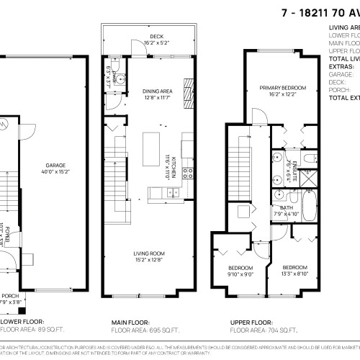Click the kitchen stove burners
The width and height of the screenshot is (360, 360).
[x=186, y=172]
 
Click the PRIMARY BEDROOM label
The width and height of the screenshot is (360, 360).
[x=283, y=88]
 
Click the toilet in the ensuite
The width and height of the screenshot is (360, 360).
[x=308, y=158]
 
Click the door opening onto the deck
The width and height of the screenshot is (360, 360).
[x=130, y=48]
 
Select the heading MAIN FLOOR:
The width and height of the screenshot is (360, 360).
[x=130, y=323]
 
